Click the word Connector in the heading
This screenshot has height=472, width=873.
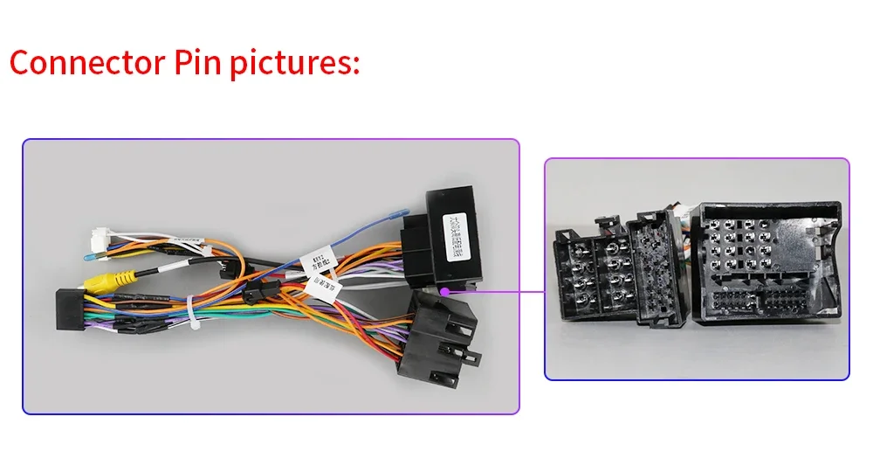click(x=84, y=64)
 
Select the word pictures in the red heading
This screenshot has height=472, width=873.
click(x=294, y=64)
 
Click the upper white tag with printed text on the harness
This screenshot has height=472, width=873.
click(x=312, y=260)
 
